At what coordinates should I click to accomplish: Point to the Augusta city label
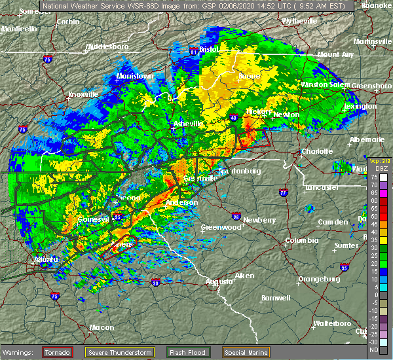[x=220, y=281]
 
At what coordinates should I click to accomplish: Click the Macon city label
[x=101, y=327]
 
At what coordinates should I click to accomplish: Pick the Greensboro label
[x=371, y=86]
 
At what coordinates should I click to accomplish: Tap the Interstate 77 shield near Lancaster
[x=283, y=192]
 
